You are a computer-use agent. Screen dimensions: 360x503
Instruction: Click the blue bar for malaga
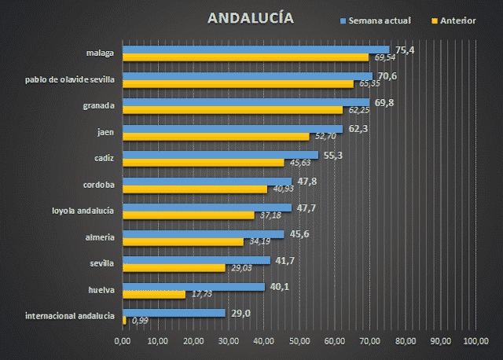[x=256, y=50]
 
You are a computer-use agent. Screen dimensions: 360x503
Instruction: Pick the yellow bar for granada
[x=233, y=110]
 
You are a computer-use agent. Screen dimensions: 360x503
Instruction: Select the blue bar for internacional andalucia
[x=174, y=313]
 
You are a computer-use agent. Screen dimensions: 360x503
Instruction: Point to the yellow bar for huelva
[x=155, y=295]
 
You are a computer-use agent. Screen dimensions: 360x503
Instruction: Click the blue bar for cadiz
[x=221, y=155]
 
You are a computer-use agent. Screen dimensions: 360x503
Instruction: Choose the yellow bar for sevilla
[x=174, y=268]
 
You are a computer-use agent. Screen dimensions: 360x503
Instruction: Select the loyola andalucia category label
[x=83, y=211]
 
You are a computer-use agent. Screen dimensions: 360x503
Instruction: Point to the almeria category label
[x=100, y=237]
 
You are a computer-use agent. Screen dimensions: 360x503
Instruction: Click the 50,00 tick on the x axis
[x=299, y=341]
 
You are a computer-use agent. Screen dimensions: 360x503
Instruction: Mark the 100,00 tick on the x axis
[x=475, y=341]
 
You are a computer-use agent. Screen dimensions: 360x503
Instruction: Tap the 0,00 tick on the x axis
[x=123, y=341]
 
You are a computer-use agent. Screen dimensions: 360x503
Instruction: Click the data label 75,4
[x=405, y=50]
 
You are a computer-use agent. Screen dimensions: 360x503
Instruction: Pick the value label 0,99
[x=141, y=321]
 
